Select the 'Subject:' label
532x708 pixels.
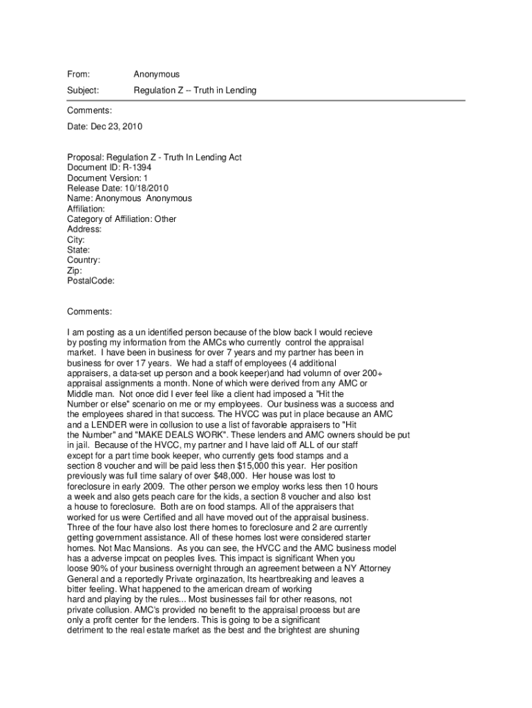(83, 91)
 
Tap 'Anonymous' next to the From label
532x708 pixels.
(156, 74)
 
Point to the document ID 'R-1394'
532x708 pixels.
(137, 167)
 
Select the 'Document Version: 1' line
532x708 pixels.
(108, 178)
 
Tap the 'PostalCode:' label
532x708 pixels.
(91, 281)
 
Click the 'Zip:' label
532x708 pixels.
(75, 271)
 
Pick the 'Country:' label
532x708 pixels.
(84, 261)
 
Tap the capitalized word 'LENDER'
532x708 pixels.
(99, 424)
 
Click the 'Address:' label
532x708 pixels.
(84, 230)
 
